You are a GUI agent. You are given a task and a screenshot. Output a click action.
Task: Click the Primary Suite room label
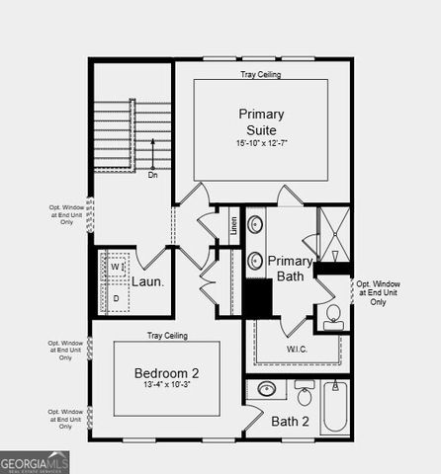tap(260, 121)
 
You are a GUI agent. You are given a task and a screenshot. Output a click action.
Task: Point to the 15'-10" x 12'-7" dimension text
tap(260, 144)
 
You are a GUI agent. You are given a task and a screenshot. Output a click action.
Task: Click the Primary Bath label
tap(290, 269)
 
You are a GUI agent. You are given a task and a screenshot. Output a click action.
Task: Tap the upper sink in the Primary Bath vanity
tap(254, 222)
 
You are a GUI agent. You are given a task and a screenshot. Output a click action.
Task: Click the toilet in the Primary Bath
tap(332, 316)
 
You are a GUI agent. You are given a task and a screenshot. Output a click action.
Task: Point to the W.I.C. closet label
tap(298, 349)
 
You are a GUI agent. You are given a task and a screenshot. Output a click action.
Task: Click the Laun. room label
tap(147, 281)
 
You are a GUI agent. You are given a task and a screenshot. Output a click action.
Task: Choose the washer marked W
tap(116, 268)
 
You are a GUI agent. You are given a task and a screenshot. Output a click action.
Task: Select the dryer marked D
tap(116, 297)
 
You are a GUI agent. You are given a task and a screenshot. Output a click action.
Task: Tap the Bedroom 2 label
tap(167, 372)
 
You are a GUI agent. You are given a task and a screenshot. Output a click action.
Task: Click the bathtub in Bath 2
tap(334, 407)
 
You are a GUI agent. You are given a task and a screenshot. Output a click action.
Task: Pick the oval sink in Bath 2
tap(266, 389)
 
